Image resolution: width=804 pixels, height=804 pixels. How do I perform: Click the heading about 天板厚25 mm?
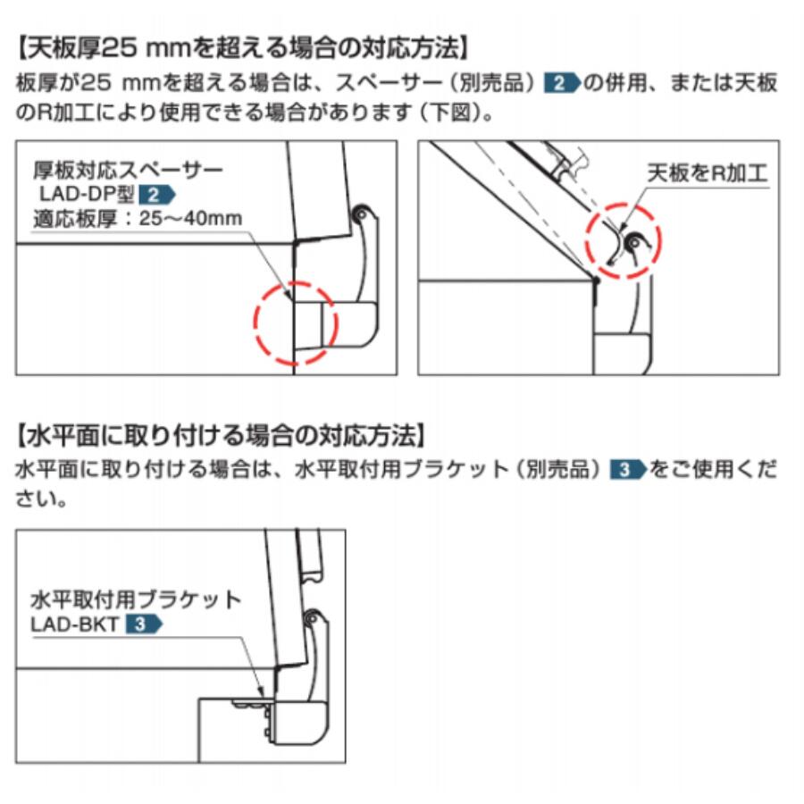tap(242, 49)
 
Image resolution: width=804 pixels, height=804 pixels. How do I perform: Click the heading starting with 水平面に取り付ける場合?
tap(221, 436)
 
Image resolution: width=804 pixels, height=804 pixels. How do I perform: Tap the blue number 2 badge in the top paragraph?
tap(562, 83)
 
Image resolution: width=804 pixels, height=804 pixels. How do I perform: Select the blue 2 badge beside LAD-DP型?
tap(157, 195)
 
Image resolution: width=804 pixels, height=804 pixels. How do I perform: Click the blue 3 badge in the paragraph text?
tap(628, 470)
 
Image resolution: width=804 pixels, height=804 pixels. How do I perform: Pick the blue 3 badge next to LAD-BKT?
tap(144, 624)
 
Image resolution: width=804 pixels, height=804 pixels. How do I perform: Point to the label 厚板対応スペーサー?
tap(128, 170)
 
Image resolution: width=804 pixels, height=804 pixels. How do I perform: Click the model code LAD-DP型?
tap(87, 195)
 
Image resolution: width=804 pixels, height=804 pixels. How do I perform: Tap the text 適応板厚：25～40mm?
tap(138, 219)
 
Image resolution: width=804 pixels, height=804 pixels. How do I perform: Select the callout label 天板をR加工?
tap(708, 173)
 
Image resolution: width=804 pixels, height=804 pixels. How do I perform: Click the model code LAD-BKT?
tap(75, 624)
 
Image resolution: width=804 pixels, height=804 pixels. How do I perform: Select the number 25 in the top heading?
tap(120, 49)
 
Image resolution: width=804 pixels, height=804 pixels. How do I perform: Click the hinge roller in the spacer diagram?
tap(362, 213)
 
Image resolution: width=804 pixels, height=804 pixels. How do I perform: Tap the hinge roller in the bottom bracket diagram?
tap(312, 618)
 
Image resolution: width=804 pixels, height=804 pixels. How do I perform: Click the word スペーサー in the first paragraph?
tap(389, 83)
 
